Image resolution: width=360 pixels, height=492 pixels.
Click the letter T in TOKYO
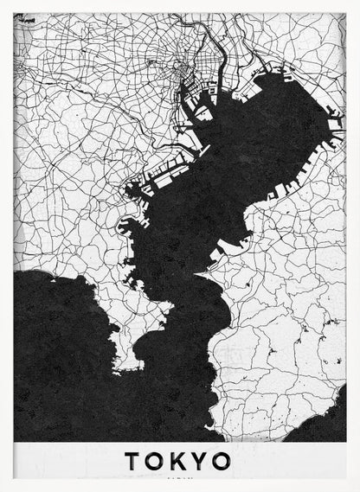[x=132, y=461]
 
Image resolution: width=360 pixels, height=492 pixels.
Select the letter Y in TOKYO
[x=200, y=461]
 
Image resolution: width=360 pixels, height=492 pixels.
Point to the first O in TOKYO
[x=154, y=461]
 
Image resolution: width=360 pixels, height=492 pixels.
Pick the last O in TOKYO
[x=222, y=461]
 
